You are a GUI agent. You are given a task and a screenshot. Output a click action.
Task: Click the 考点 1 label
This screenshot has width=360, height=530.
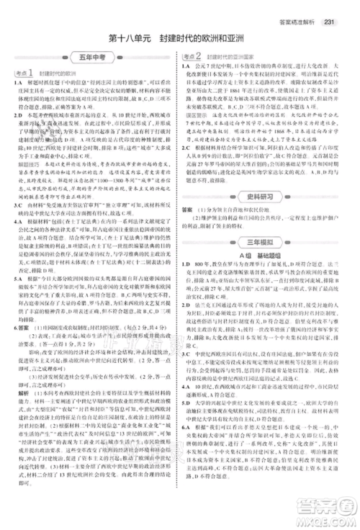(x=25, y=73)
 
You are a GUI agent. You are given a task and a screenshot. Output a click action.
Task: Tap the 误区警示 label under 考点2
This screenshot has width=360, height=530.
(x=195, y=114)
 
